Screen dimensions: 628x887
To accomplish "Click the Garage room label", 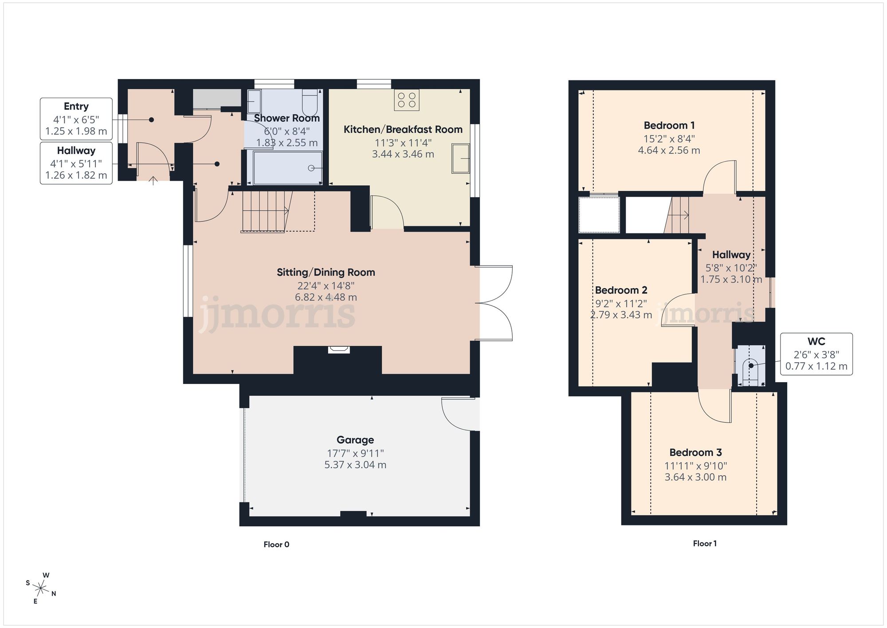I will [355, 440].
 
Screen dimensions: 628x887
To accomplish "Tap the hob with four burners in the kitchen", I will [407, 100].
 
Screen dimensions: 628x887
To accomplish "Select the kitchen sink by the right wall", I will [460, 158].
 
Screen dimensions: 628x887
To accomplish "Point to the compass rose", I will [41, 589].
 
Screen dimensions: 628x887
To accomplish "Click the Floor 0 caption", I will [276, 545].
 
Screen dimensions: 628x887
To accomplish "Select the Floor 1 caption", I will [705, 544].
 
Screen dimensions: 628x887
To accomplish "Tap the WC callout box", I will [816, 354].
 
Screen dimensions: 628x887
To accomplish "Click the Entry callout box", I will [76, 119].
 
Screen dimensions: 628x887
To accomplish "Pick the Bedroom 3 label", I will [695, 452].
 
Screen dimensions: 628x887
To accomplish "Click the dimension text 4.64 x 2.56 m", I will [669, 150].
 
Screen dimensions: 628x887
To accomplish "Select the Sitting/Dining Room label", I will [326, 273].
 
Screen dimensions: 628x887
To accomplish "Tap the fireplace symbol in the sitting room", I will [339, 350].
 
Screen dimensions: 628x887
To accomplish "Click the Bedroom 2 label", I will [621, 290].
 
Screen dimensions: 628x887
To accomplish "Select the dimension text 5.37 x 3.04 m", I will [355, 465].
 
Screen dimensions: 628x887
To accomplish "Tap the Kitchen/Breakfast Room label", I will [403, 130].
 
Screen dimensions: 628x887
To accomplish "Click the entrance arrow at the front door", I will [153, 181].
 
